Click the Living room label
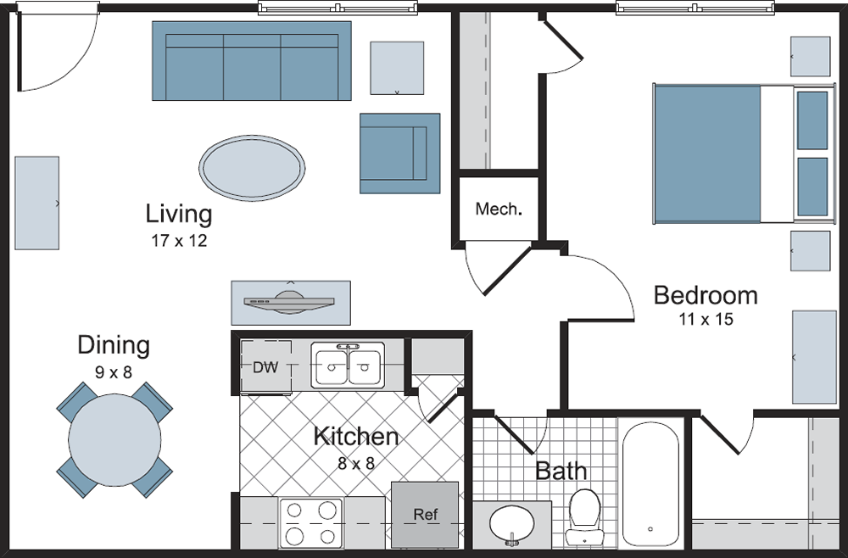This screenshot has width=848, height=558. pyautogui.click(x=179, y=213)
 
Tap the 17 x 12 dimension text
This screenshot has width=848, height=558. pyautogui.click(x=179, y=241)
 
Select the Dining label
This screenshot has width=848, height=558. pyautogui.click(x=114, y=345)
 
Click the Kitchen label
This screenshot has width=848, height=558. pyautogui.click(x=356, y=437)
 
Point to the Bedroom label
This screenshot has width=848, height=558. pyautogui.click(x=706, y=295)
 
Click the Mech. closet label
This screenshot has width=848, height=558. pyautogui.click(x=498, y=209)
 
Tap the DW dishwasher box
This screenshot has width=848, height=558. pyautogui.click(x=265, y=367)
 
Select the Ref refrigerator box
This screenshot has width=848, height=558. pyautogui.click(x=425, y=514)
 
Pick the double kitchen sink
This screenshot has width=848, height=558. pyautogui.click(x=347, y=365)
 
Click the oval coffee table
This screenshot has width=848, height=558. pyautogui.click(x=252, y=166)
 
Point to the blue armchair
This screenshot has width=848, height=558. pyautogui.click(x=399, y=153)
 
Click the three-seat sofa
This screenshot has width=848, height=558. pyautogui.click(x=251, y=61)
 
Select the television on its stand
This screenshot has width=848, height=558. pyautogui.click(x=291, y=302)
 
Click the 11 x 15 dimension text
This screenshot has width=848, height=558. pyautogui.click(x=706, y=320)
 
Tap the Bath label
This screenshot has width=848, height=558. pyautogui.click(x=561, y=472)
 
